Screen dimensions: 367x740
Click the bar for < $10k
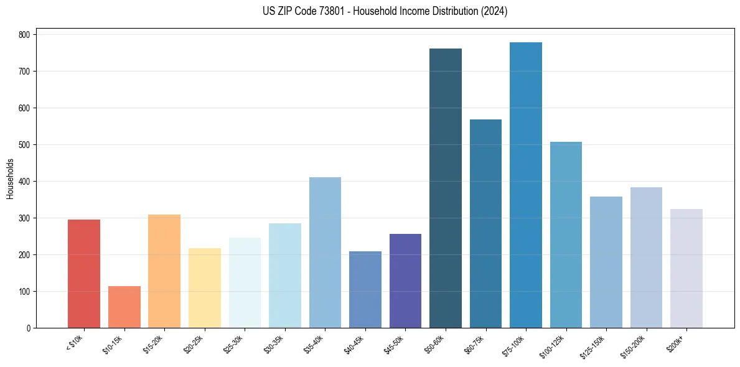84,274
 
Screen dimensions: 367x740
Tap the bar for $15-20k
164,271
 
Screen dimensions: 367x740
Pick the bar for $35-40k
325,253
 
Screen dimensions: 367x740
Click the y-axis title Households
10,179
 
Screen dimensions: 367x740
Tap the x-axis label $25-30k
233,345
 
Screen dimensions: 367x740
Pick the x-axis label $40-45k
354,345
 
